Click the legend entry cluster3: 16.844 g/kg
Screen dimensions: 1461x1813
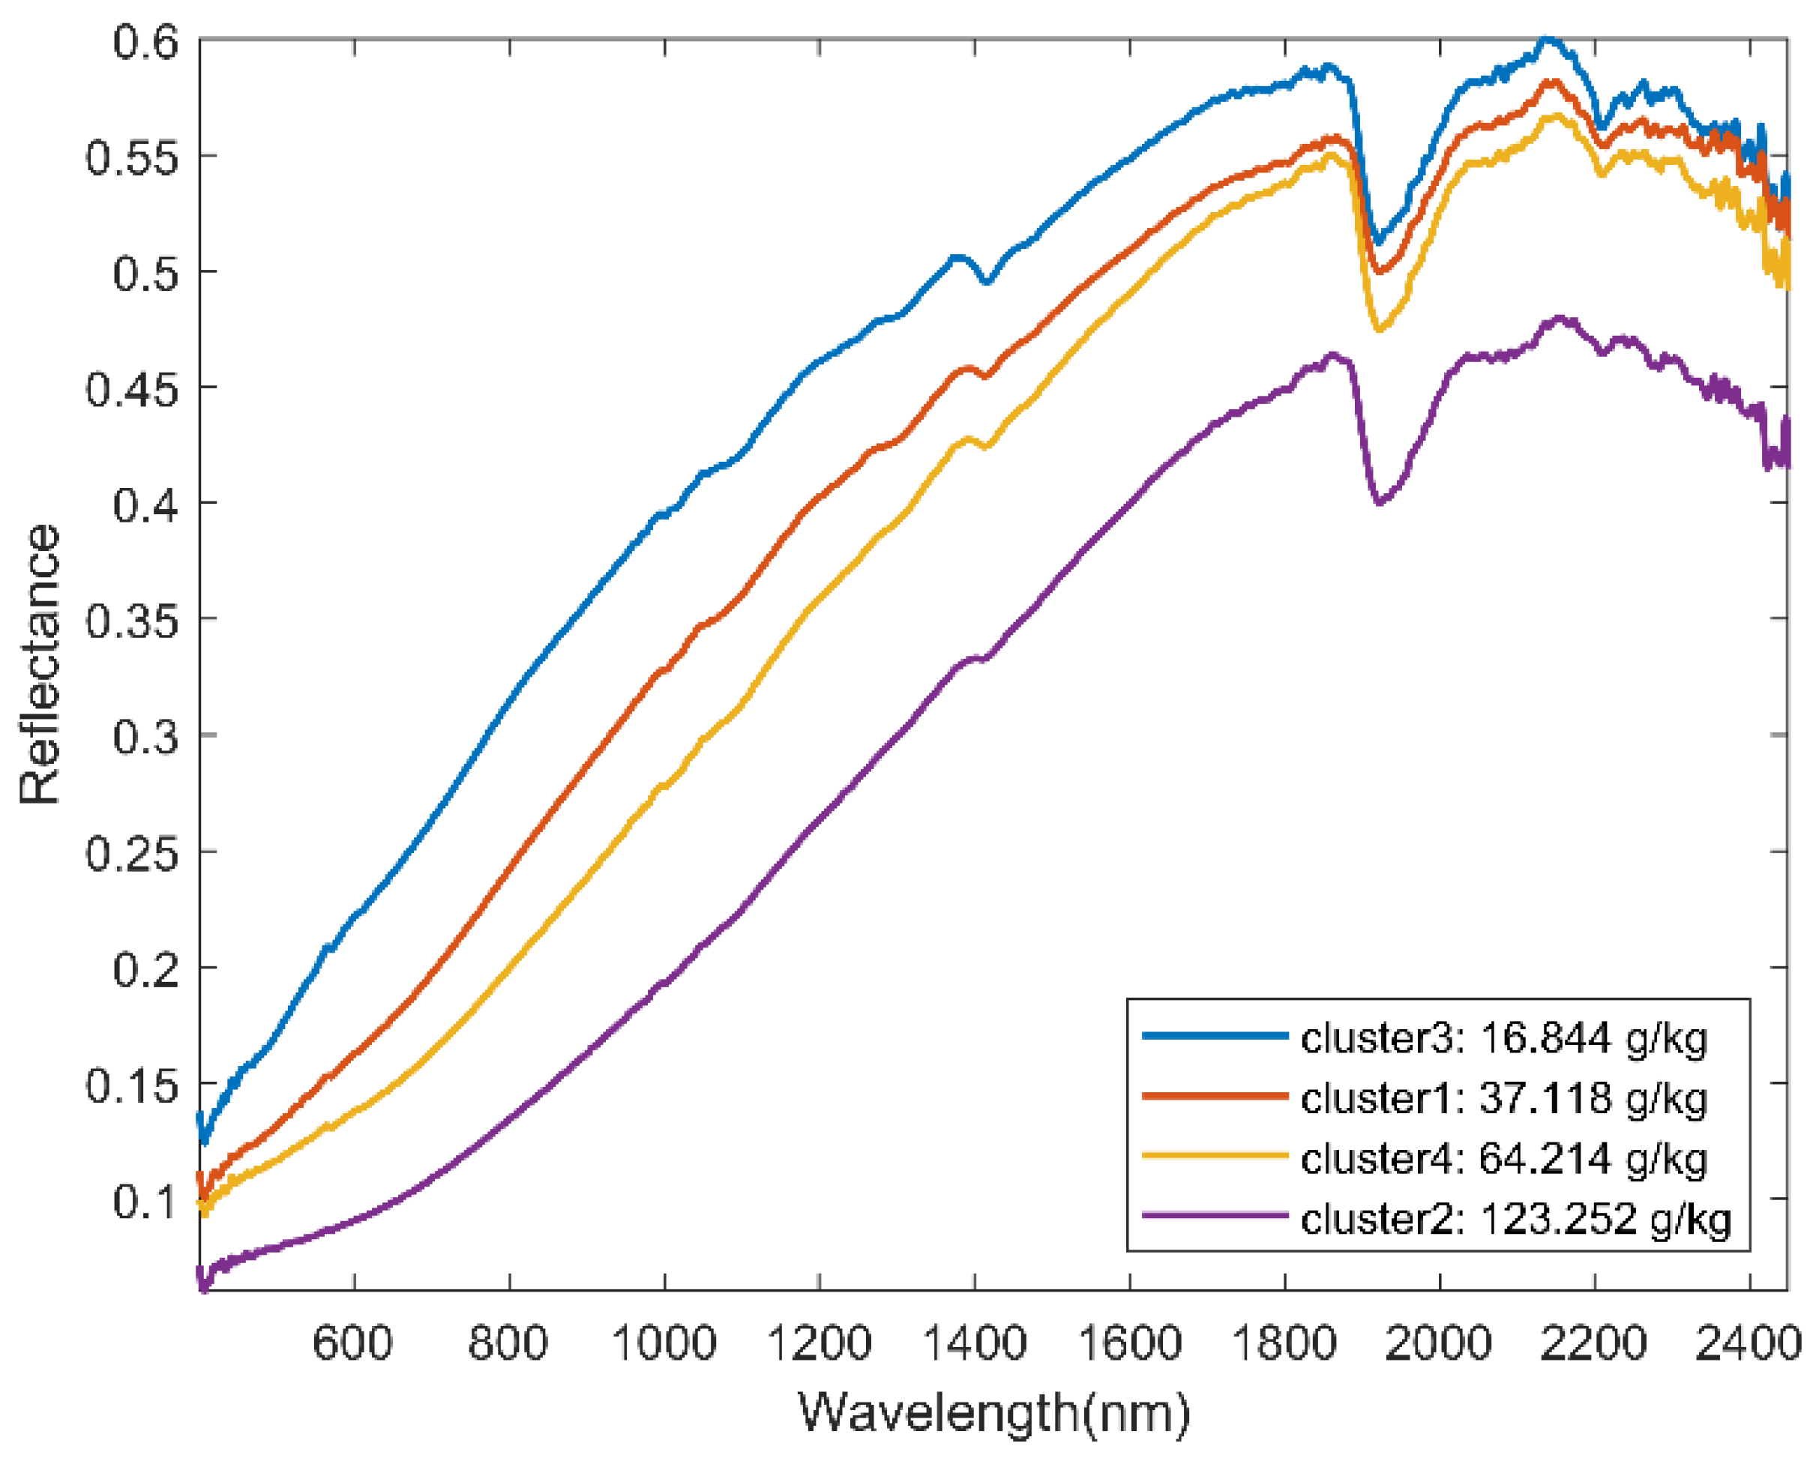[1503, 1037]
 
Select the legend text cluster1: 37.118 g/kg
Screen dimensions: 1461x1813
[1503, 1098]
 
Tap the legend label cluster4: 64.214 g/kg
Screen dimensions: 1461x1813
[1503, 1159]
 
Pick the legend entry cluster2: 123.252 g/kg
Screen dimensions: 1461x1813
[1515, 1219]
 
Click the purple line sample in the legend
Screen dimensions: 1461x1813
[1215, 1215]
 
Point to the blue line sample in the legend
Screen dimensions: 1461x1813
[1215, 1036]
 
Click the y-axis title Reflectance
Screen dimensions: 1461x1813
[40, 664]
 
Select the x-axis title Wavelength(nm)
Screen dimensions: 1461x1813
[993, 1412]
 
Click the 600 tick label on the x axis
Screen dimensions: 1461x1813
[352, 1343]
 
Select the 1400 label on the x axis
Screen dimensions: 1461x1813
[975, 1343]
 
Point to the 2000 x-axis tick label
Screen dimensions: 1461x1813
[1438, 1343]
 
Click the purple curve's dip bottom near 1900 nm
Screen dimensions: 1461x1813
[1379, 502]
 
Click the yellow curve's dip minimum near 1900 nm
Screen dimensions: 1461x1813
[1379, 329]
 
